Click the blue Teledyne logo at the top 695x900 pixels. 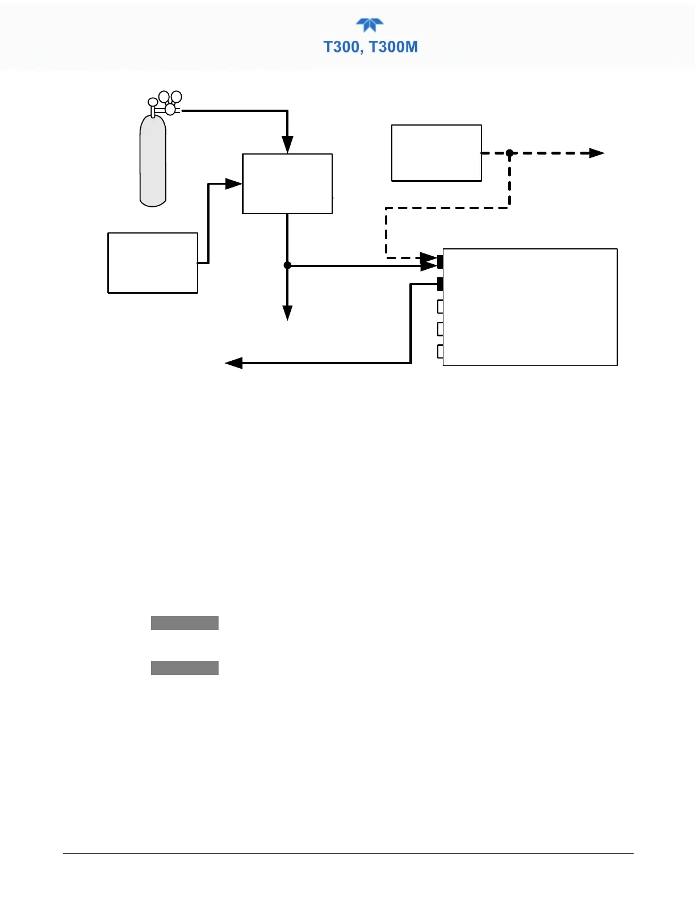coord(370,25)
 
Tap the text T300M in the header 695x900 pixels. coord(393,47)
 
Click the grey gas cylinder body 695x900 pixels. coord(153,161)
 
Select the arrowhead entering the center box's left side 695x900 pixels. coord(233,184)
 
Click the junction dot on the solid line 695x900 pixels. coord(287,265)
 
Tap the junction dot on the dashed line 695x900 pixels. coord(509,153)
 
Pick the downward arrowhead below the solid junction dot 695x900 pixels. coord(287,312)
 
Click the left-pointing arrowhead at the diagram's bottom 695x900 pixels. coord(234,363)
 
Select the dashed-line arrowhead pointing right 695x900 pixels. coord(596,153)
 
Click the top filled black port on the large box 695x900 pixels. coord(440,262)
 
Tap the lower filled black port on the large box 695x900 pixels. coord(440,284)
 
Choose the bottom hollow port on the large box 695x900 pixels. coord(440,351)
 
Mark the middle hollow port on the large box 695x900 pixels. coord(440,329)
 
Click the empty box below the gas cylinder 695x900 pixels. coord(153,262)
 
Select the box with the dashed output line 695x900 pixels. coord(436,153)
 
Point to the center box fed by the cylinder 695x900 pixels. coord(287,184)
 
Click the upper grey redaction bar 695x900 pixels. coord(185,623)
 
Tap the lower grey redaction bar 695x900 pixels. coord(185,668)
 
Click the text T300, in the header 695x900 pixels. coord(345,47)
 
